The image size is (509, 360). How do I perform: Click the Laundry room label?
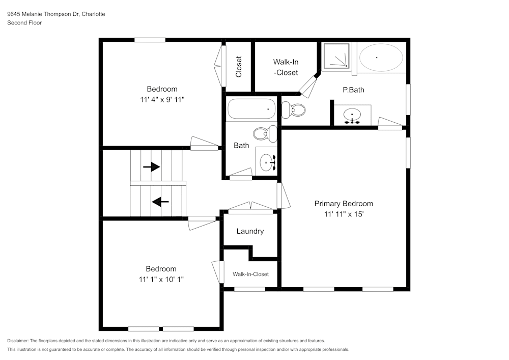(x=250, y=231)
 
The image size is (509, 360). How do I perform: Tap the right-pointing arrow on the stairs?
(x=152, y=167)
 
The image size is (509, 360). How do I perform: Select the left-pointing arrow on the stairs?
(x=161, y=202)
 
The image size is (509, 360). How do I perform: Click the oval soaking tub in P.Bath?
(x=380, y=58)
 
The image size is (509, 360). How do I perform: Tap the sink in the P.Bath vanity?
(x=352, y=115)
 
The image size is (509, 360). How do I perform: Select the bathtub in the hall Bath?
(x=251, y=108)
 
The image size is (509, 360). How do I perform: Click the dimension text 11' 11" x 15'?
(x=344, y=214)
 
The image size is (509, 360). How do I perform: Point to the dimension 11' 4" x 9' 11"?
(x=162, y=100)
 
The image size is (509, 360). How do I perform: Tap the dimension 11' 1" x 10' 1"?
(x=161, y=279)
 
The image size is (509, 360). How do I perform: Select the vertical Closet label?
(x=239, y=66)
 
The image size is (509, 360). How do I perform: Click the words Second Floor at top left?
(x=24, y=23)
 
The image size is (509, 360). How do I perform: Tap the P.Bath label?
(x=353, y=90)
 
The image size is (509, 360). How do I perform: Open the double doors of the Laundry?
(x=250, y=207)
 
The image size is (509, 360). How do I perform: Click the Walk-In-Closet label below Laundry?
(x=250, y=274)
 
